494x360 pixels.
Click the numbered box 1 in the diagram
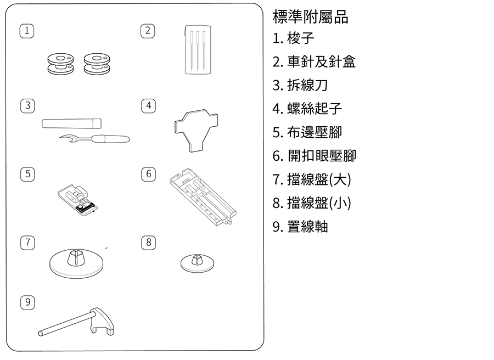tap(25, 31)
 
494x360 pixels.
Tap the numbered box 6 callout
tap(148, 175)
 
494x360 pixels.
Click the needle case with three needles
tap(198, 49)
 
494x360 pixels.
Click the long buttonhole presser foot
tap(203, 198)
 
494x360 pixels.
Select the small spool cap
tap(198, 262)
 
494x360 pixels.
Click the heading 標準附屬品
tap(310, 17)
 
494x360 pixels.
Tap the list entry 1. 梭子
tap(294, 39)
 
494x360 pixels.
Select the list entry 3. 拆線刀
tap(300, 85)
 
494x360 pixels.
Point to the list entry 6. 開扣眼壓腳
tap(314, 156)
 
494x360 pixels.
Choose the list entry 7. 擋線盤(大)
tap(311, 179)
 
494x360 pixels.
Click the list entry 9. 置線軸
tap(300, 226)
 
